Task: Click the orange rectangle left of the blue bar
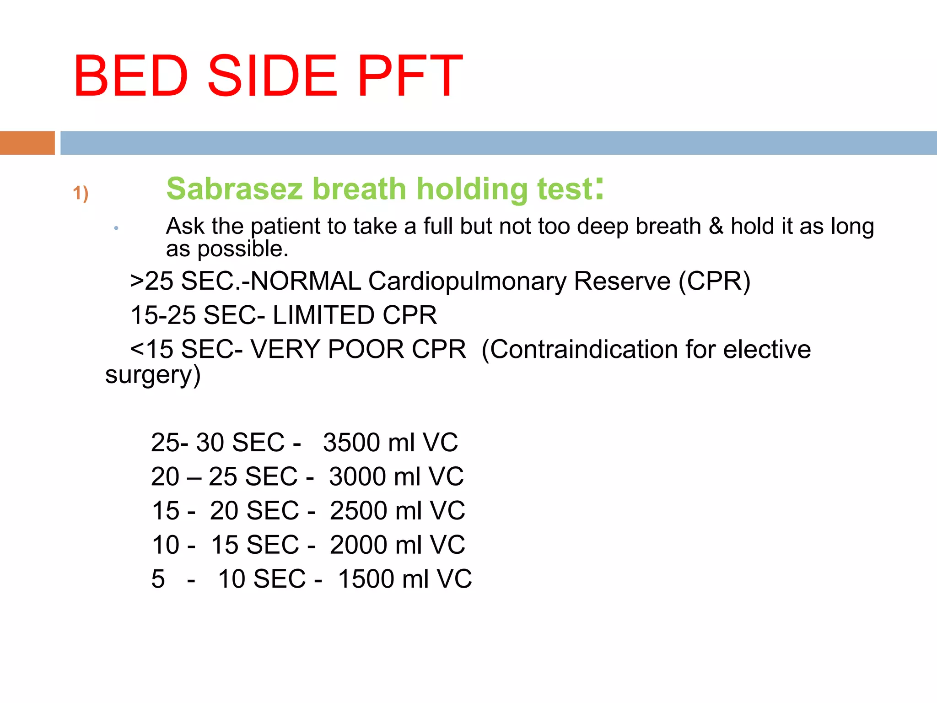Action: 27,143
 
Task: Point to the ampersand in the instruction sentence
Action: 716,226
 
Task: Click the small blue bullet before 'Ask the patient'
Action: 116,228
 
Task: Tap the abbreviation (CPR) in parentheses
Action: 714,281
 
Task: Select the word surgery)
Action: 153,375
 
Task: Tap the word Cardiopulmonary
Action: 467,281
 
